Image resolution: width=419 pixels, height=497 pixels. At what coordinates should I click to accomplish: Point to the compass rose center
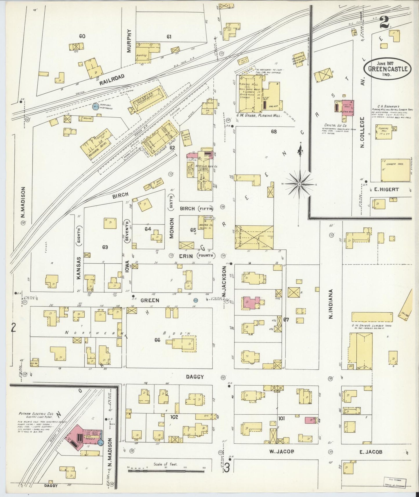pyautogui.click(x=300, y=184)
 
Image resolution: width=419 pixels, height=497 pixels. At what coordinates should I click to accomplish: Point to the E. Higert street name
pyautogui.click(x=384, y=190)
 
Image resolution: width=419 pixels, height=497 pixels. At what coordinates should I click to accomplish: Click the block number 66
pyautogui.click(x=157, y=340)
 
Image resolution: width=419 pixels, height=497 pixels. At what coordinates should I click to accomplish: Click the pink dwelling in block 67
pyautogui.click(x=251, y=303)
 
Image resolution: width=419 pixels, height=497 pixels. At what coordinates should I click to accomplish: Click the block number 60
pyautogui.click(x=82, y=36)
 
